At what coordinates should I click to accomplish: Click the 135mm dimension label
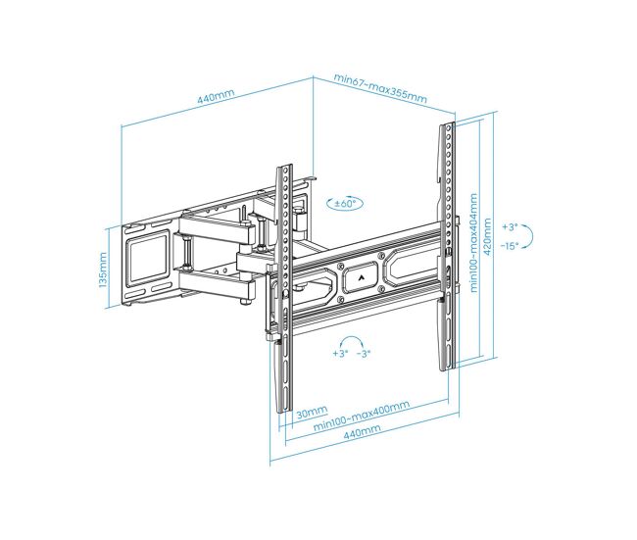coord(103,270)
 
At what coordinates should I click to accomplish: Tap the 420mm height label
coord(487,236)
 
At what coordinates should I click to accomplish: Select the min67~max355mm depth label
coord(380,88)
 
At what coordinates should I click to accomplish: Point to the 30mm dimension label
coord(312,413)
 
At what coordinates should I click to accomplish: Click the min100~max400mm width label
coord(362,416)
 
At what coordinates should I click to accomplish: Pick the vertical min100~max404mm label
coord(473,242)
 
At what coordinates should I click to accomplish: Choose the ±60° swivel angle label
coord(345,203)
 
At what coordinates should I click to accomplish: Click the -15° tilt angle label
coord(510,245)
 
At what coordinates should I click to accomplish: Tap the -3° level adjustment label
coord(364,354)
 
